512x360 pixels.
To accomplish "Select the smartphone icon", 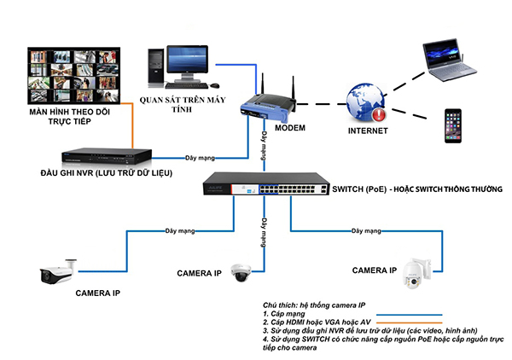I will click(x=455, y=128).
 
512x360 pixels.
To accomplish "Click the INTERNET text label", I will click(x=366, y=131).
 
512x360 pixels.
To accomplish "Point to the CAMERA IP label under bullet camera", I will click(x=97, y=293).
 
